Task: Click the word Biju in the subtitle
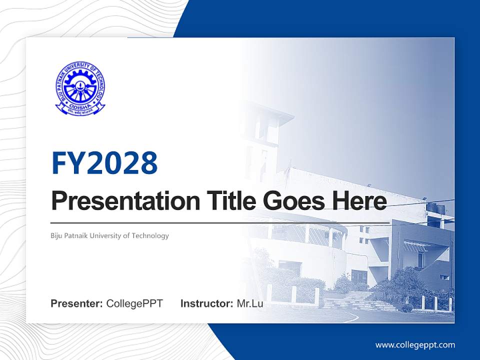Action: (x=57, y=235)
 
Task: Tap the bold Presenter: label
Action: (x=77, y=303)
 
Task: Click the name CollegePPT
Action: (x=134, y=303)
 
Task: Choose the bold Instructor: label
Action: (x=206, y=303)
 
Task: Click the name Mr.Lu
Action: (x=250, y=303)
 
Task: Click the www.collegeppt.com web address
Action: (x=415, y=345)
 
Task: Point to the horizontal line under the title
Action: (x=220, y=222)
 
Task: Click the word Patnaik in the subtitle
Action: (x=76, y=235)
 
